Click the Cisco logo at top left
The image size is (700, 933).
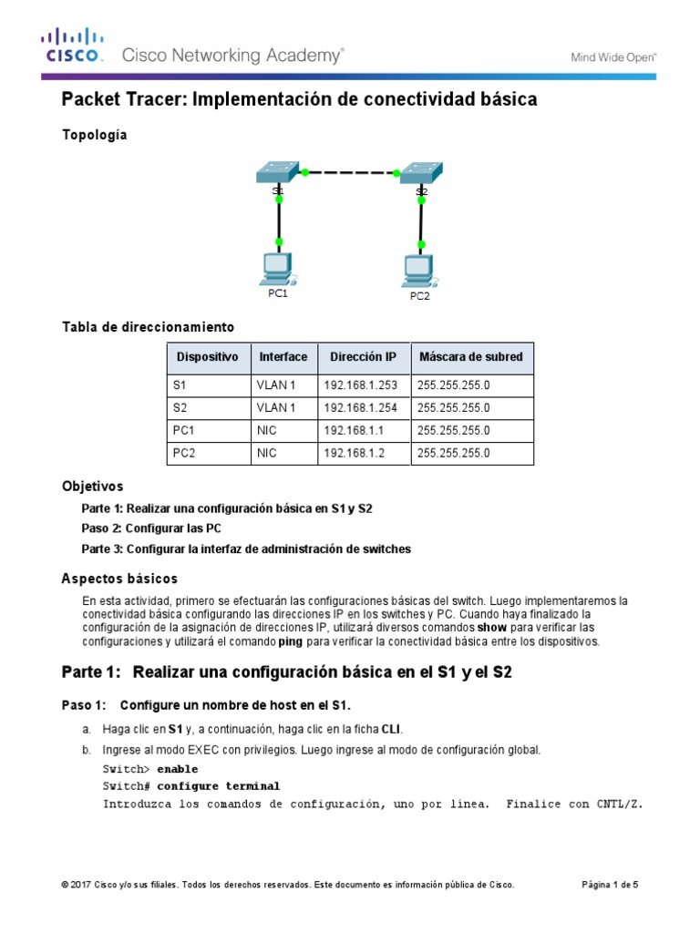72,45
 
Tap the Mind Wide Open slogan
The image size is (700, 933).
613,56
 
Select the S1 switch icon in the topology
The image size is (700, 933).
277,173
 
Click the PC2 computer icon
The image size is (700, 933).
419,270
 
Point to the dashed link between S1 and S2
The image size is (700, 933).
350,171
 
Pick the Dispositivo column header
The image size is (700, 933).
207,356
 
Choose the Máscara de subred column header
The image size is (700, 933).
471,356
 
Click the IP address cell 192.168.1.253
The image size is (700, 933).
360,385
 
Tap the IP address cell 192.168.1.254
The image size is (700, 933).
360,408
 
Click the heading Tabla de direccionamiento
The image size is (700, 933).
148,326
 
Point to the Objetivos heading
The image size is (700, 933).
92,487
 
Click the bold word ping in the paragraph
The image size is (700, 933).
290,641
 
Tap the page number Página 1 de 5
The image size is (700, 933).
610,885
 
